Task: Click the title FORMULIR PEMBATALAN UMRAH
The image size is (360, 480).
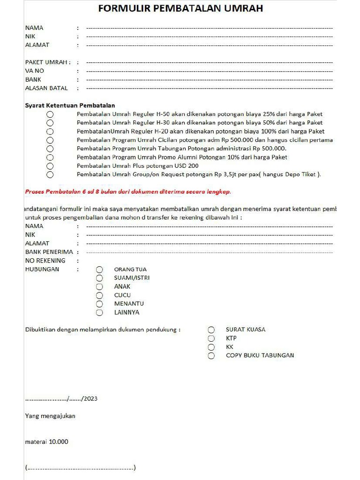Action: tap(180, 8)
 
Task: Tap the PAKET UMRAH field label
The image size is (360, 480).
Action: tap(47, 62)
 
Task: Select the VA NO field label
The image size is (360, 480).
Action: tap(35, 71)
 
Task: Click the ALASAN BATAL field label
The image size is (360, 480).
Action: tap(46, 88)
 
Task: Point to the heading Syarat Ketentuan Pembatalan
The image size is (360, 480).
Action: tap(70, 105)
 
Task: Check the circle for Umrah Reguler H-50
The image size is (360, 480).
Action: tap(50, 114)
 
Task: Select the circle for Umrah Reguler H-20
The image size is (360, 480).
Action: tap(50, 132)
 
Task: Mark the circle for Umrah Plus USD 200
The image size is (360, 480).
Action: tap(50, 166)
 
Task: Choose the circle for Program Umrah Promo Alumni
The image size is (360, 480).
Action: tap(50, 157)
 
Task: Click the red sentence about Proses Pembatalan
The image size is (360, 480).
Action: tap(127, 192)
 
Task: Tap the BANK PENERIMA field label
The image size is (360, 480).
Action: tap(49, 252)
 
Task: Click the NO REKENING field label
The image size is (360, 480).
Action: tap(45, 261)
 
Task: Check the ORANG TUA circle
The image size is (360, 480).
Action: tap(99, 270)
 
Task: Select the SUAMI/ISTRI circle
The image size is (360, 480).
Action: tap(99, 278)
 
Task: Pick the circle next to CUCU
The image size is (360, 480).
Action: tap(99, 295)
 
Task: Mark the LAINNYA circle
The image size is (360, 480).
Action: tap(99, 313)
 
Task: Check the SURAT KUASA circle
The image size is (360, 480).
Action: tap(211, 330)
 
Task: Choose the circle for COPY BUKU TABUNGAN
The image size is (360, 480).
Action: tap(211, 356)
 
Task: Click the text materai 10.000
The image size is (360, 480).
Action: tap(46, 442)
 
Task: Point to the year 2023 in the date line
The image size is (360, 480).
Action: tap(91, 399)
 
